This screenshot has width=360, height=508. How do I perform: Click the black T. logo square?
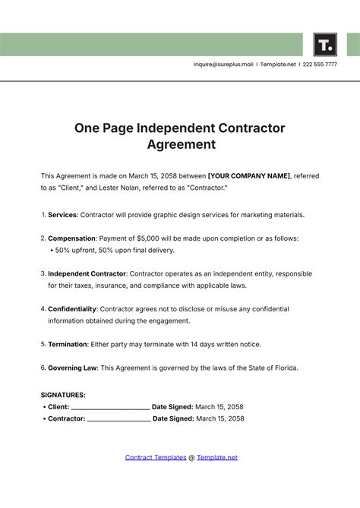(324, 44)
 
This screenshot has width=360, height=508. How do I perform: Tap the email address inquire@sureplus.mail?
(223, 65)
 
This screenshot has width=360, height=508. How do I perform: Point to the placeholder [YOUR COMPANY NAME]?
(248, 175)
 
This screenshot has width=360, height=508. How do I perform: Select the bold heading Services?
(62, 215)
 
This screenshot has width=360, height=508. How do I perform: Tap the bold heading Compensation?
(72, 238)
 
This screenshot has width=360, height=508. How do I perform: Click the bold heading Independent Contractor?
(87, 273)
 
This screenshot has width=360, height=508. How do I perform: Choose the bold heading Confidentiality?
(73, 309)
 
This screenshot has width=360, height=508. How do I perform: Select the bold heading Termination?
(68, 344)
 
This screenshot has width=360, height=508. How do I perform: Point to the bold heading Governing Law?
(72, 368)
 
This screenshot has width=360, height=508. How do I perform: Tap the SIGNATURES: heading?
(63, 395)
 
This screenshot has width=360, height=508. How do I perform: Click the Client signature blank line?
(109, 408)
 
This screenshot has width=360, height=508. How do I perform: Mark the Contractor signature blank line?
(118, 419)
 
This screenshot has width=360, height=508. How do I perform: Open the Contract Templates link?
(155, 457)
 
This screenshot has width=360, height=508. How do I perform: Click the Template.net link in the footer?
(217, 457)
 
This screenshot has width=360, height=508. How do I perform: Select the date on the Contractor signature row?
(220, 418)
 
